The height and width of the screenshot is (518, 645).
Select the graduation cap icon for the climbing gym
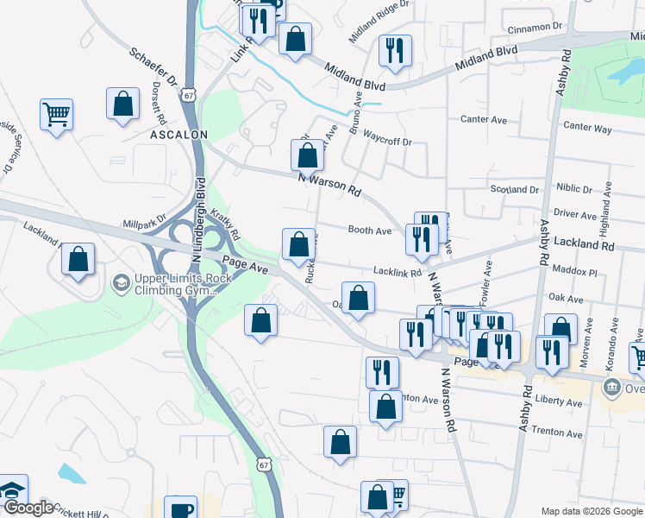point(120,282)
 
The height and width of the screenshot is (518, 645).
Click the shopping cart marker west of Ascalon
point(56,114)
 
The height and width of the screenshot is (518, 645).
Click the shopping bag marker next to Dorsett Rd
point(123,104)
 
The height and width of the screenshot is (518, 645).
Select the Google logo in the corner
point(28,508)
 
